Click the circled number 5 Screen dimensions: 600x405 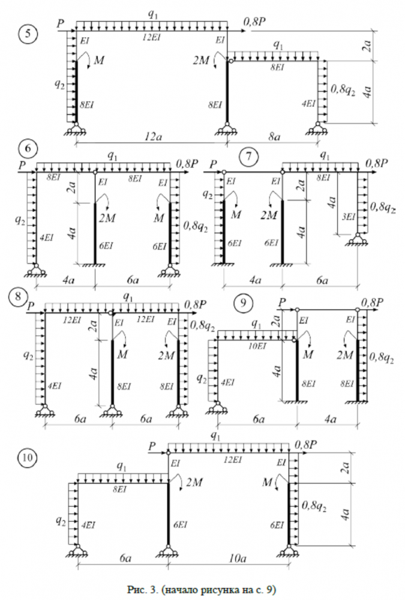coord(28,34)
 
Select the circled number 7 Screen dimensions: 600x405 coord(247,157)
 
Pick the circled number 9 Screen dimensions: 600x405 coord(242,303)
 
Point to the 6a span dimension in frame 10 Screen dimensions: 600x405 coord(125,558)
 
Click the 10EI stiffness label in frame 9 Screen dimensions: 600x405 coord(257,346)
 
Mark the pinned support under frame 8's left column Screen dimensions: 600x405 coord(44,410)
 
